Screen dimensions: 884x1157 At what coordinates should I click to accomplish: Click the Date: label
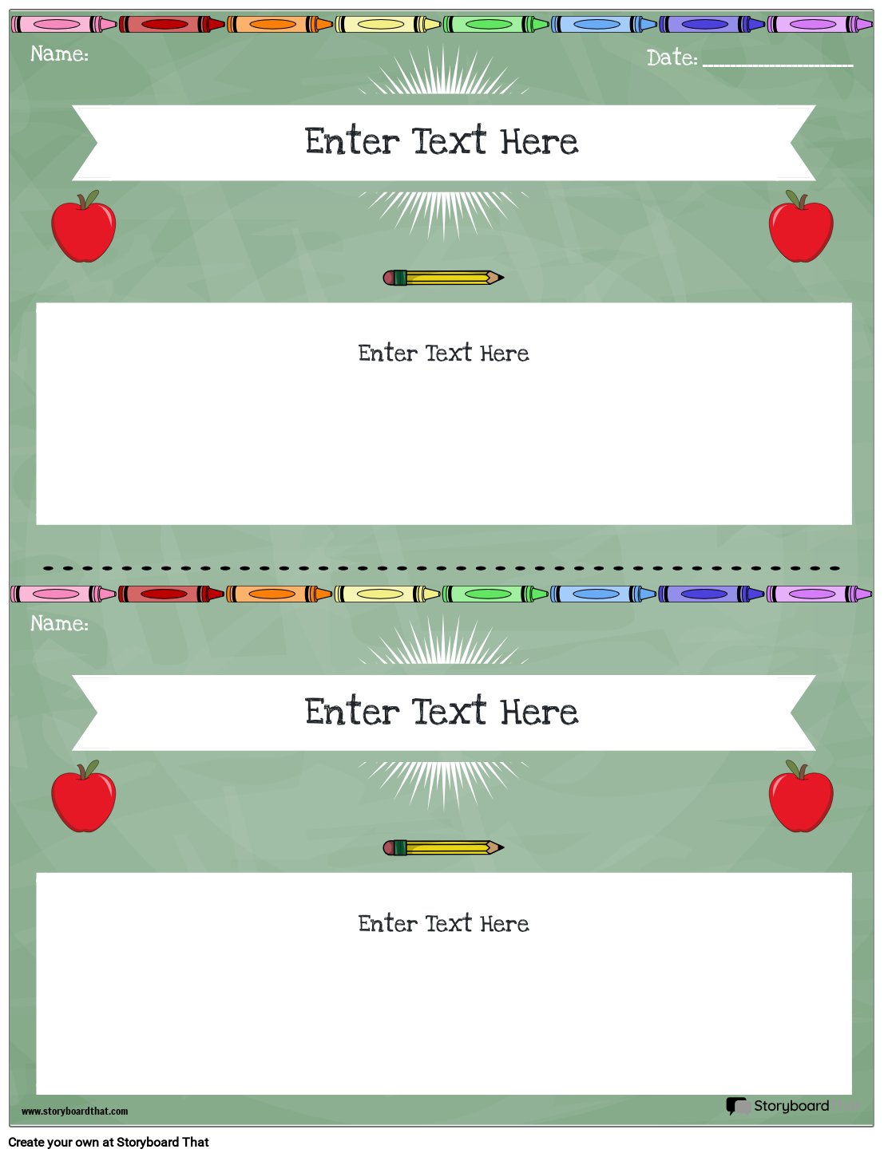pos(672,57)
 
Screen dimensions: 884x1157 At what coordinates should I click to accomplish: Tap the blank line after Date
pos(778,65)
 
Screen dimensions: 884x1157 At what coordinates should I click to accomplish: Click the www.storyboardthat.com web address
pos(75,1111)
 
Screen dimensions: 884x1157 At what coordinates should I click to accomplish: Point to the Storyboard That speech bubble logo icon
pos(738,1105)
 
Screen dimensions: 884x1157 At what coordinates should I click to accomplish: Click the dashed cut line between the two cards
pos(442,568)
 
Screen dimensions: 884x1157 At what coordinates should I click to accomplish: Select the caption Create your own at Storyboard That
pos(109,1143)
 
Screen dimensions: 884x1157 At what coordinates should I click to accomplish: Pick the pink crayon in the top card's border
pos(64,24)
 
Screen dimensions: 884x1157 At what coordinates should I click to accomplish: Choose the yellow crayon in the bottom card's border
pos(387,594)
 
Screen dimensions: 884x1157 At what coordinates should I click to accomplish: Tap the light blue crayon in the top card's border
pos(604,24)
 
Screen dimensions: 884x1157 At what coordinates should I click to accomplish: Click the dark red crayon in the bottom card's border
pos(172,594)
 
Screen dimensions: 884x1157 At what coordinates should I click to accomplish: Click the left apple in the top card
pos(83,226)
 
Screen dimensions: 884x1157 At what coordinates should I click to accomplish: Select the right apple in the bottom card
pos(801,796)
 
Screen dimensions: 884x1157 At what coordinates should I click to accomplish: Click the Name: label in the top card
pos(60,53)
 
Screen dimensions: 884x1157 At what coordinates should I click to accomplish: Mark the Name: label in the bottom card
pos(60,623)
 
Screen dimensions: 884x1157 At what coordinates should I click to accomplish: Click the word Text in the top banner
pos(449,140)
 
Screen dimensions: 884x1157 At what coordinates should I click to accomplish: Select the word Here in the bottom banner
pos(539,712)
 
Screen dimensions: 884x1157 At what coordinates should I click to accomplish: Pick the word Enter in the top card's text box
pos(387,353)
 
